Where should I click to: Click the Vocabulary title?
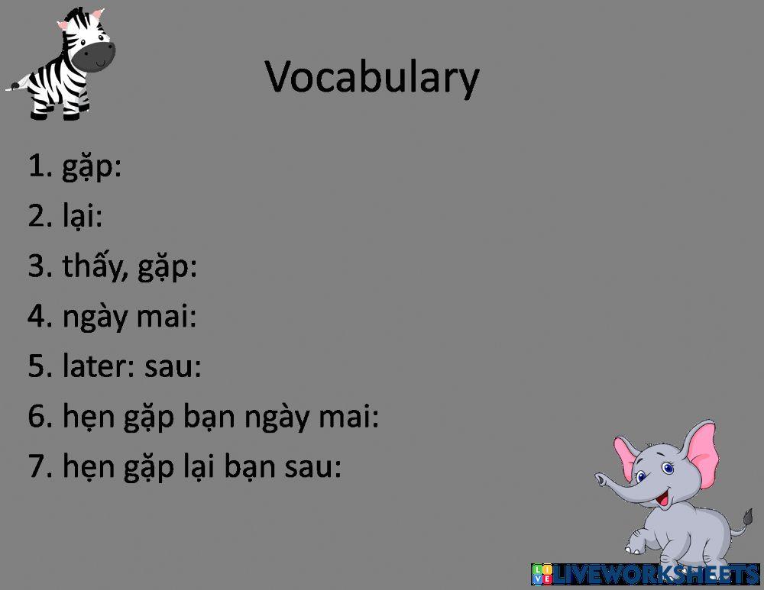coord(372,77)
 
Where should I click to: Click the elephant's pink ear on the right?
coord(701,456)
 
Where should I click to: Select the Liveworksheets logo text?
coord(646,575)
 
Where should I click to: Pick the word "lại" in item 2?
coord(79,215)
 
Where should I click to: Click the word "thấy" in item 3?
coord(92,266)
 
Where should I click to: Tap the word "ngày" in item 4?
coord(95,318)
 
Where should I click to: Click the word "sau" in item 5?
coord(169,368)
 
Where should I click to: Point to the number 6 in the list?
coord(37,416)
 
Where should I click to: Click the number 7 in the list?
coord(37,466)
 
